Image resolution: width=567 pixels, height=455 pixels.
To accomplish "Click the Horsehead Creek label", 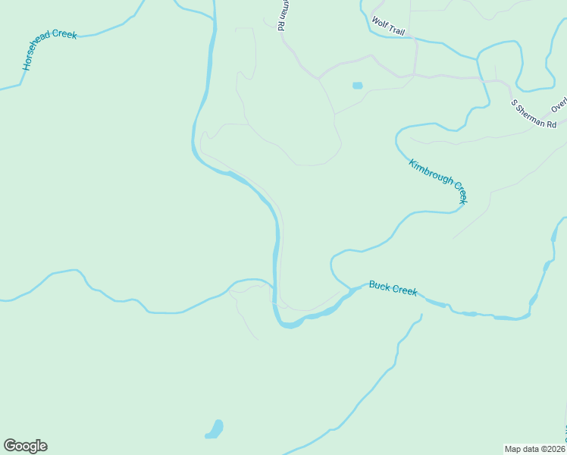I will pos(50,52).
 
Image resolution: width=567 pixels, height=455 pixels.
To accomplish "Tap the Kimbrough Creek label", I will pos(438,180).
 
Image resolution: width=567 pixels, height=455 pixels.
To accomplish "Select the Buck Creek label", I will pos(393,289).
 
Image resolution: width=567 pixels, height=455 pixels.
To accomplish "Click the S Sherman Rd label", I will pos(534,114).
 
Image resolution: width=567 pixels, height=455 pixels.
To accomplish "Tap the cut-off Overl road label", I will pos(559,102).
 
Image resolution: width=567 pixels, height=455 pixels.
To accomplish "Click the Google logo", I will pos(25,446).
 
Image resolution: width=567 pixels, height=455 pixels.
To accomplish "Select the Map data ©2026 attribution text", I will pos(535,448).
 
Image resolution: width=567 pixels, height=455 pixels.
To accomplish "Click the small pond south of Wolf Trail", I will pos(357,86).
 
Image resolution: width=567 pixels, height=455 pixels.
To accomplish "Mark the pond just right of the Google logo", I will pos(215,430).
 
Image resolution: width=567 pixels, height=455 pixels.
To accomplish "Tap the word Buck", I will pos(378,285).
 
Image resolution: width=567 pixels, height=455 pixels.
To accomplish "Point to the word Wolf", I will pos(378,24).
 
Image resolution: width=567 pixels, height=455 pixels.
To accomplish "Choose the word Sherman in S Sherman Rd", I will pos(533,114).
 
